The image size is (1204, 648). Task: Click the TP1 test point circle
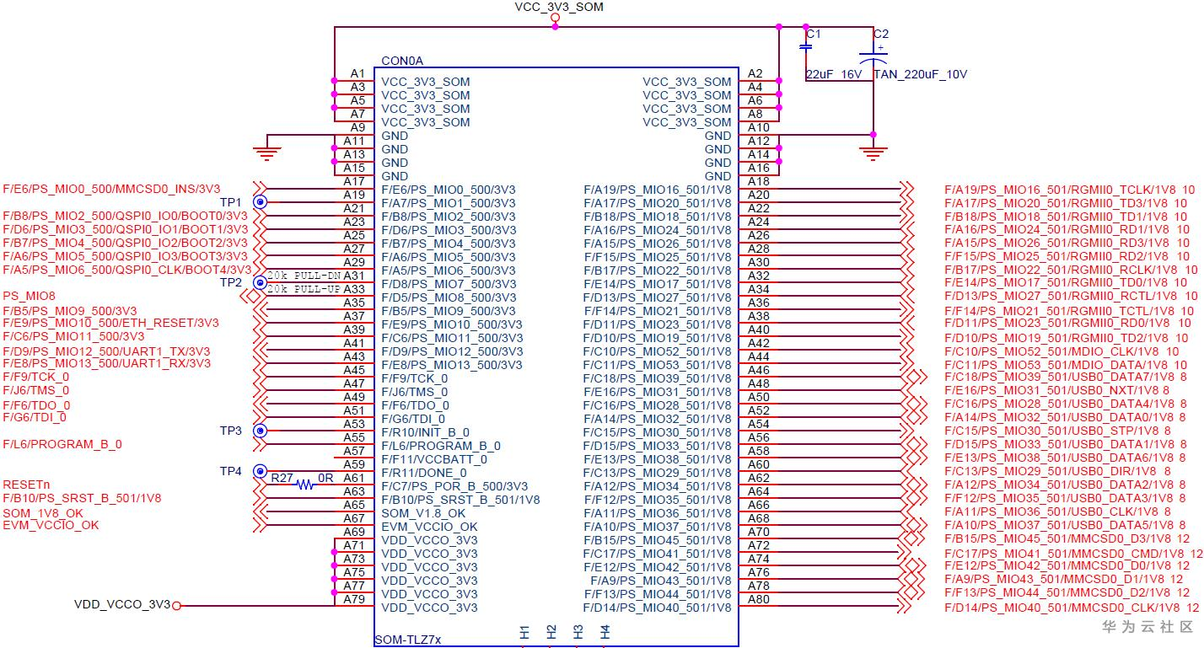click(x=261, y=202)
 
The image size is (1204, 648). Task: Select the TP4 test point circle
click(x=261, y=471)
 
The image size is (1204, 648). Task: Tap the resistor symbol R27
click(x=305, y=485)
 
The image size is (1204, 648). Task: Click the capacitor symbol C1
click(x=805, y=46)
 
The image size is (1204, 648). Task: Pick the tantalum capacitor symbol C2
click(x=873, y=58)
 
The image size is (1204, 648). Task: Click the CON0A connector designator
click(x=402, y=61)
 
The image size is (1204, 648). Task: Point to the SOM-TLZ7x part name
click(x=408, y=640)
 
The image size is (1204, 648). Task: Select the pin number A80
click(x=759, y=599)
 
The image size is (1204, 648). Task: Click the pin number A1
click(x=357, y=73)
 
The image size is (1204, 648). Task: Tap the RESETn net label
click(x=26, y=485)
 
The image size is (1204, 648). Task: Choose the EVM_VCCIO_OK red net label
click(x=51, y=525)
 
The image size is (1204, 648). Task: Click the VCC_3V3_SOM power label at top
click(x=559, y=7)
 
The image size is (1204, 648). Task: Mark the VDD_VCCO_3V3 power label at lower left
click(x=122, y=604)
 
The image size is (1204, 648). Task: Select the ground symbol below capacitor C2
click(x=873, y=153)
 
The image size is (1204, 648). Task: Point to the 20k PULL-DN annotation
click(x=304, y=276)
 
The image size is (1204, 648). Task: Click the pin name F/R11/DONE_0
click(x=424, y=473)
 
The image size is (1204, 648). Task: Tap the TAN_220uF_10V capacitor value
click(x=920, y=74)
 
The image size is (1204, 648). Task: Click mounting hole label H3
click(x=578, y=632)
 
